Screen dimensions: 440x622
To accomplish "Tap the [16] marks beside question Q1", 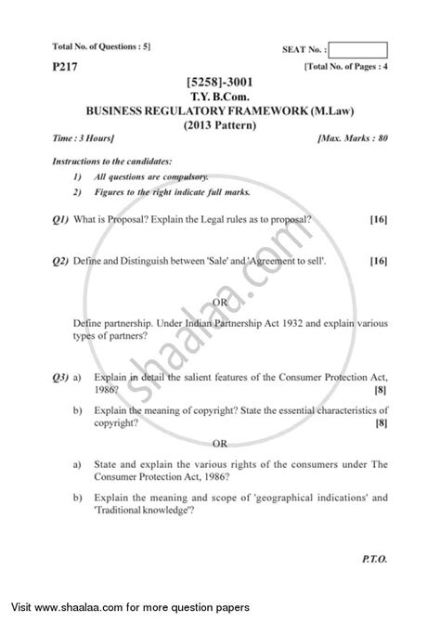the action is (x=378, y=219).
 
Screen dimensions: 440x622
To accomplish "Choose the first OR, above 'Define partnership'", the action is (x=220, y=302).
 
